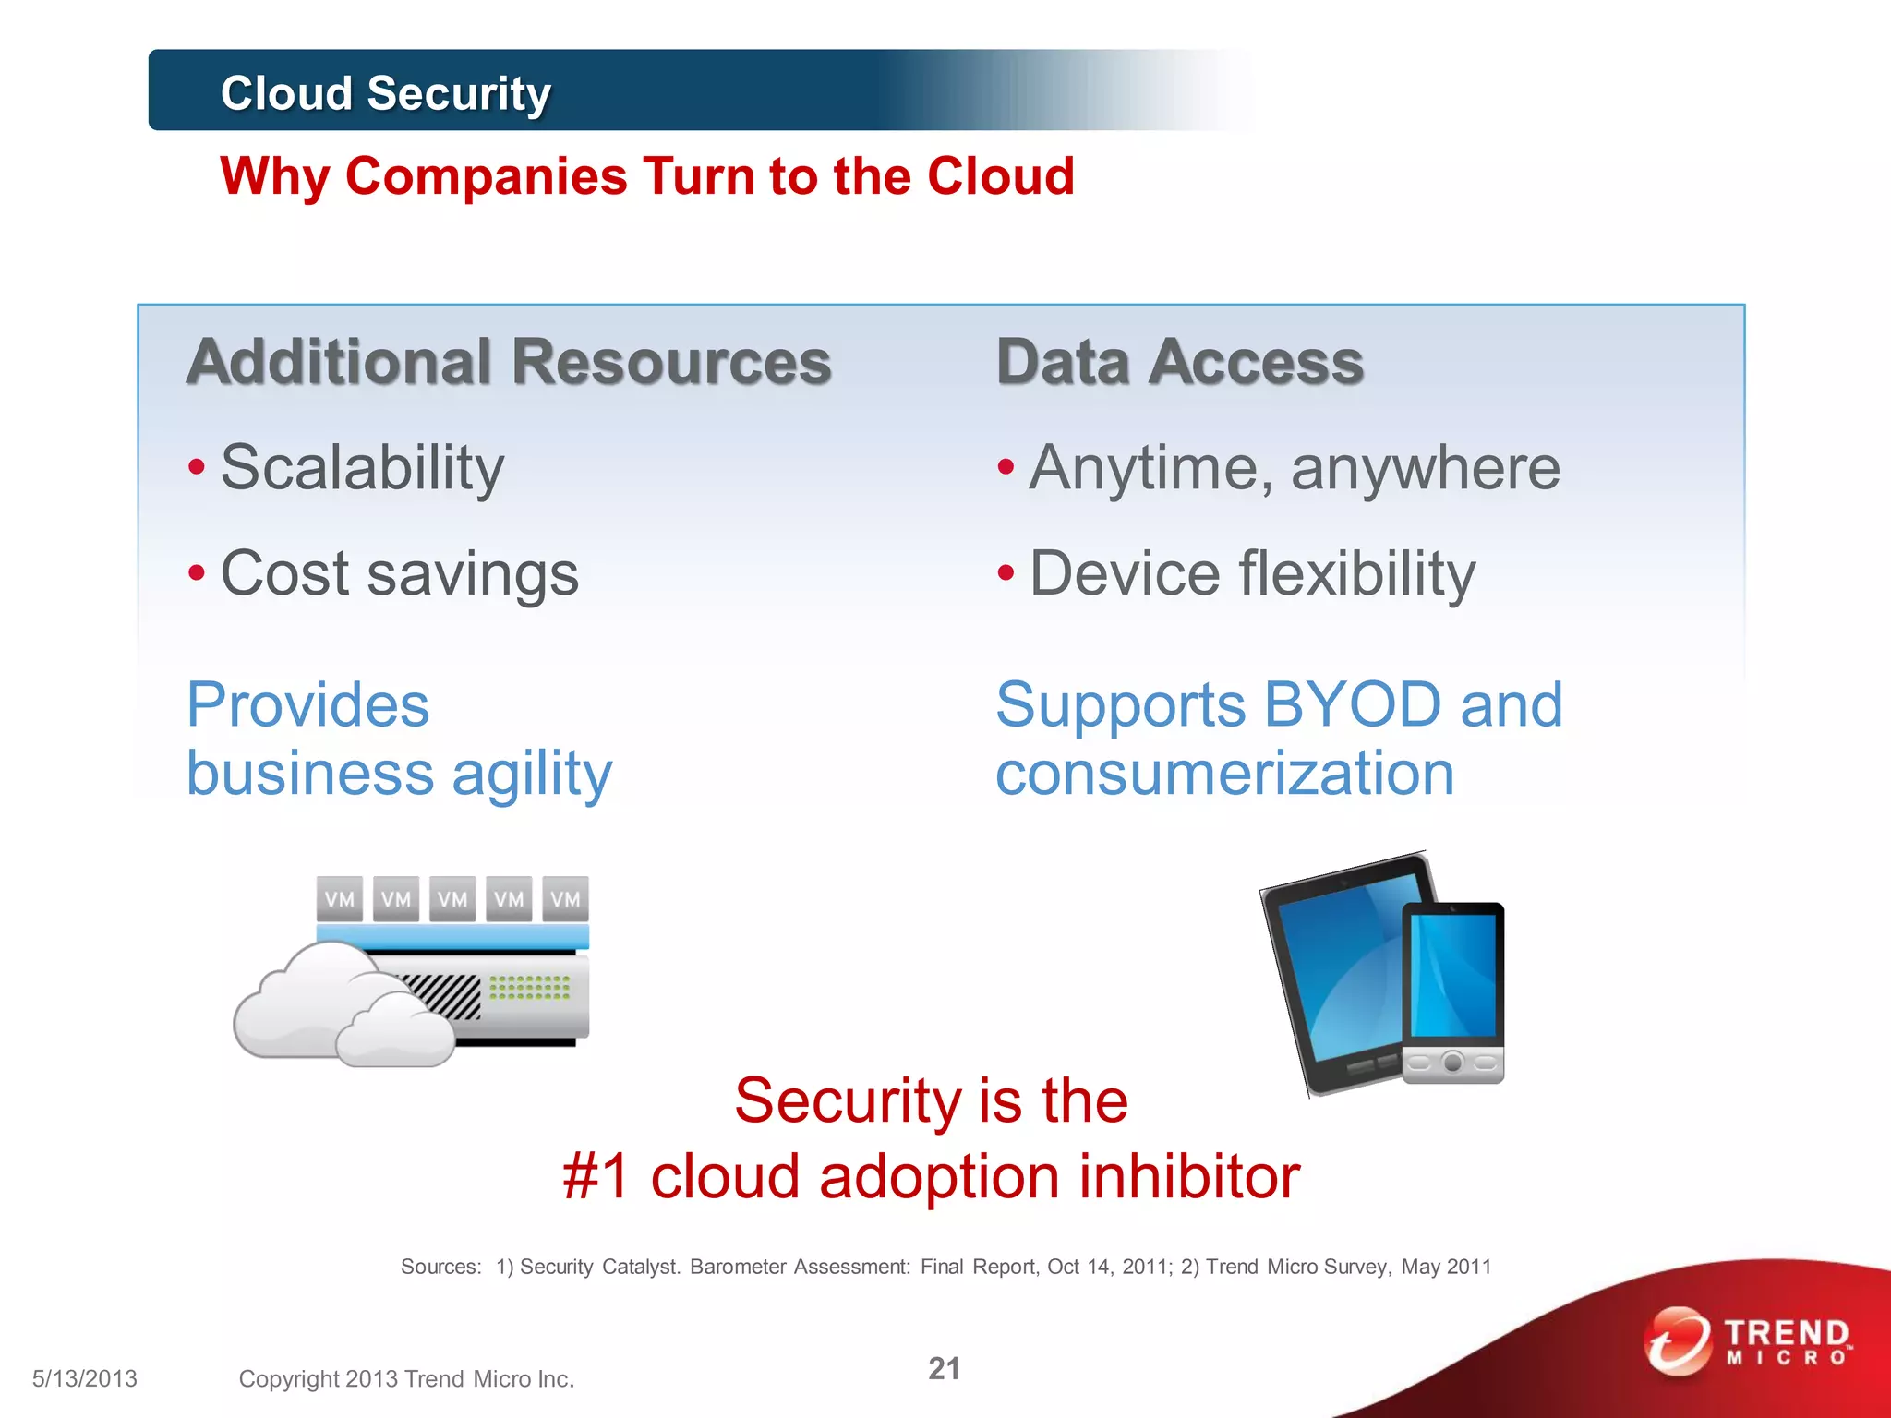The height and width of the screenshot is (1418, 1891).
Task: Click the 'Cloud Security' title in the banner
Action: pos(385,93)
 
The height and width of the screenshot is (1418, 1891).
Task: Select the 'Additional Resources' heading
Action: pos(509,362)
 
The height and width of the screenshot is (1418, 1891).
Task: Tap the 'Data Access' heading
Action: pos(1179,362)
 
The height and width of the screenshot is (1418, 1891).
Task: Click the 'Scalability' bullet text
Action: pos(362,468)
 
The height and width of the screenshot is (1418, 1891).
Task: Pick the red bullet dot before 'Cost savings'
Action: pos(197,573)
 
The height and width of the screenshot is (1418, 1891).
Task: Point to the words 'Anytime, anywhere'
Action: pos(1295,468)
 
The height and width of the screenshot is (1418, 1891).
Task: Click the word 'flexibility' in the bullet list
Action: pos(1357,573)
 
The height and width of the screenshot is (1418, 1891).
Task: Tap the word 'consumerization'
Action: pos(1224,774)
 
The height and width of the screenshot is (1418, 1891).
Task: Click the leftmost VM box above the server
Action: pos(339,899)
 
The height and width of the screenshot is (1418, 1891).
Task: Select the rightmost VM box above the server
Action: pos(565,899)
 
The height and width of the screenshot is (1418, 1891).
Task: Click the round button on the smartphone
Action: pos(1452,1063)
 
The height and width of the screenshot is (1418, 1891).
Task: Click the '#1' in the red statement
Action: pos(596,1177)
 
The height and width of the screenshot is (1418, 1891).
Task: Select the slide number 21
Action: pos(944,1368)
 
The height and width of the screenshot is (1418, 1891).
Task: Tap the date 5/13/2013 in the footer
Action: pos(85,1378)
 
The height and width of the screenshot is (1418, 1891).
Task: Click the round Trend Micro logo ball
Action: pos(1677,1340)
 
